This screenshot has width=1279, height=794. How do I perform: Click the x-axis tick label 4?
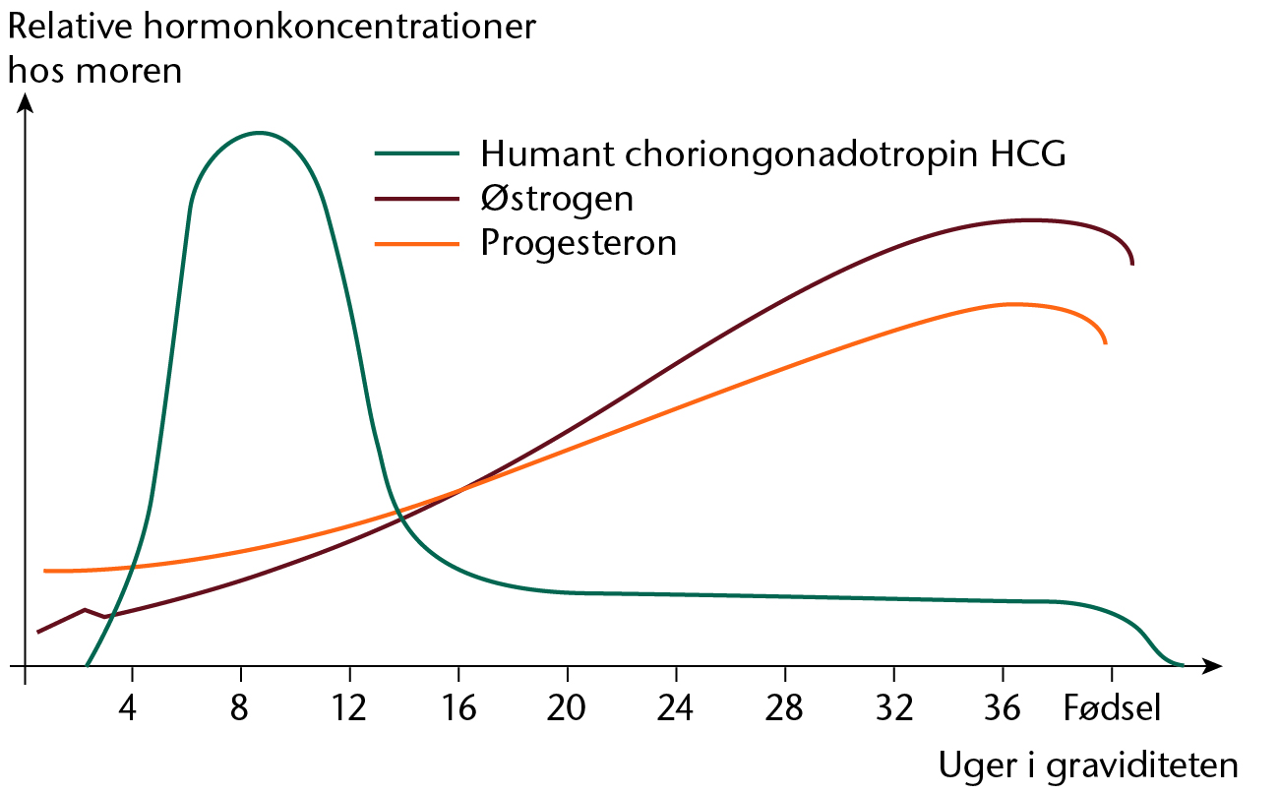click(128, 707)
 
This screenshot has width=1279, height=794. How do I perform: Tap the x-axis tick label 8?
click(239, 707)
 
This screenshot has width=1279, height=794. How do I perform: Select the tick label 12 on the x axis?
click(348, 707)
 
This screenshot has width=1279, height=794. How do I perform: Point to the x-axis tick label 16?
click(458, 707)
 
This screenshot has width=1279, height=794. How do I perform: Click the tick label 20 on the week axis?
click(566, 707)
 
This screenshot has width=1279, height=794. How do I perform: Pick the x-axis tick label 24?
click(675, 707)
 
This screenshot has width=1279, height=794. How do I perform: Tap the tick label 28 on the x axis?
click(784, 707)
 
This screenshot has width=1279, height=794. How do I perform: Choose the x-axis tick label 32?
click(894, 707)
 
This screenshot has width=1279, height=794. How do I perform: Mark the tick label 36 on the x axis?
click(1003, 707)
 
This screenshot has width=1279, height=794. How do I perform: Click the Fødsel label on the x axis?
click(1112, 707)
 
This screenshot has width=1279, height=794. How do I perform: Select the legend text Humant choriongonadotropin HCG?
click(773, 155)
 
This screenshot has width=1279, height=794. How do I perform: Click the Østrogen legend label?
click(557, 199)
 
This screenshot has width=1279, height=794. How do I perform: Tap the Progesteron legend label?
click(579, 244)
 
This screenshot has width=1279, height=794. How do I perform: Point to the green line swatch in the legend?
click(417, 153)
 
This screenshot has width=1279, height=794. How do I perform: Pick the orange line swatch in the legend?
click(417, 244)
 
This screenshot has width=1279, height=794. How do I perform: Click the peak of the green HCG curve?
click(259, 133)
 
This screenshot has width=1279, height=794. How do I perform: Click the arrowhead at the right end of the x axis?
click(1212, 665)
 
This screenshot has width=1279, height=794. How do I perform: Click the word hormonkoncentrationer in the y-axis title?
click(339, 27)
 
